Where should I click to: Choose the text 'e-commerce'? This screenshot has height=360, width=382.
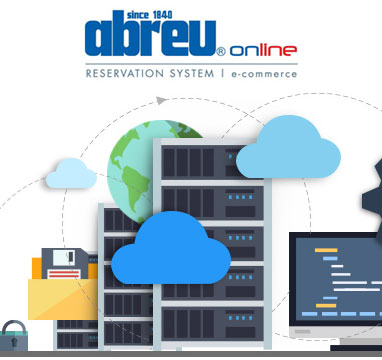click(263, 73)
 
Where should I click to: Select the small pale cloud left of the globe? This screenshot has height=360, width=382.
click(71, 174)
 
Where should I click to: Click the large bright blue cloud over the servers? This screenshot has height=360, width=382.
click(159, 250)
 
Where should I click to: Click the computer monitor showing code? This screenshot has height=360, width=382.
click(335, 280)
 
